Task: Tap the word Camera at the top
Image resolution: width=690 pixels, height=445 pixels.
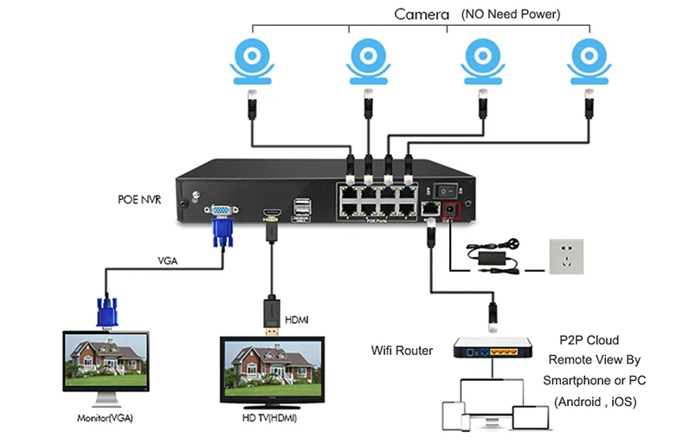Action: (422, 15)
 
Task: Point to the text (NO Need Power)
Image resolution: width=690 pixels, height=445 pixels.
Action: (512, 15)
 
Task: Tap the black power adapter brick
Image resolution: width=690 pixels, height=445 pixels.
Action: (488, 257)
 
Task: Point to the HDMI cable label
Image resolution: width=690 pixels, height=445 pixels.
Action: (296, 319)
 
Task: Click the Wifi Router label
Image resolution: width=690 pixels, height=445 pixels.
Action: (401, 351)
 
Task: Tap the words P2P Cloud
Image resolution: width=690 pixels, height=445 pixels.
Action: (590, 340)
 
